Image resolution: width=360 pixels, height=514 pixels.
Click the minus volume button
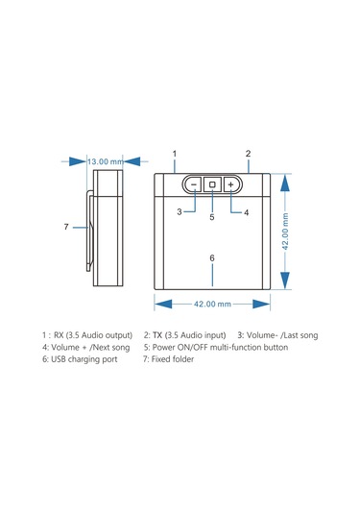click(x=194, y=184)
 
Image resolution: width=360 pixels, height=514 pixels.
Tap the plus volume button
click(x=231, y=184)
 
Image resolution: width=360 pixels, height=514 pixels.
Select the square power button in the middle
click(x=212, y=184)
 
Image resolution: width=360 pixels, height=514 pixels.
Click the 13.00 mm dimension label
click(x=106, y=161)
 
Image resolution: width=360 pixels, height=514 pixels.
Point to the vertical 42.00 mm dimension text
click(x=285, y=232)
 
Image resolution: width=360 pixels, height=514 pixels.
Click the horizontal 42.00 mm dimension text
click(x=212, y=305)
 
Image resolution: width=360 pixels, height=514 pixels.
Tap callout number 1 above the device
click(x=175, y=154)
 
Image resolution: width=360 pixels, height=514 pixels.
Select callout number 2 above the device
click(x=248, y=154)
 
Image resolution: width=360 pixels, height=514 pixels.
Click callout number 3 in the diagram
click(x=180, y=211)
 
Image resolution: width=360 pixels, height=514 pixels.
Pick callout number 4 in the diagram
click(x=247, y=212)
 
